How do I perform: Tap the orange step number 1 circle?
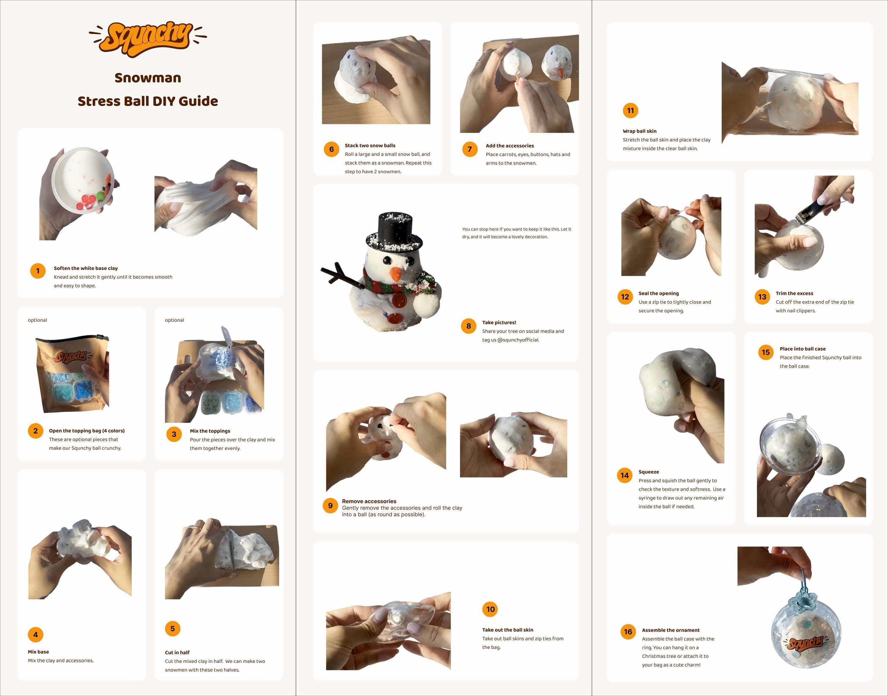38,271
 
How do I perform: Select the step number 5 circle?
173,629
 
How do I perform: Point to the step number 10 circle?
490,609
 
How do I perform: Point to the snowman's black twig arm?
341,275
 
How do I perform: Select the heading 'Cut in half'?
177,652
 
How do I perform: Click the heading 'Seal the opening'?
659,293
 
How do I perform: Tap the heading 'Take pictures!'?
499,322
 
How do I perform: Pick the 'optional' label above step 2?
38,320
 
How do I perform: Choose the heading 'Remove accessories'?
369,501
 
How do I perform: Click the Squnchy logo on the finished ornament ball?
806,643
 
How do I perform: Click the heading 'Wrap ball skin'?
640,131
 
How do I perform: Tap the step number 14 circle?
625,475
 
